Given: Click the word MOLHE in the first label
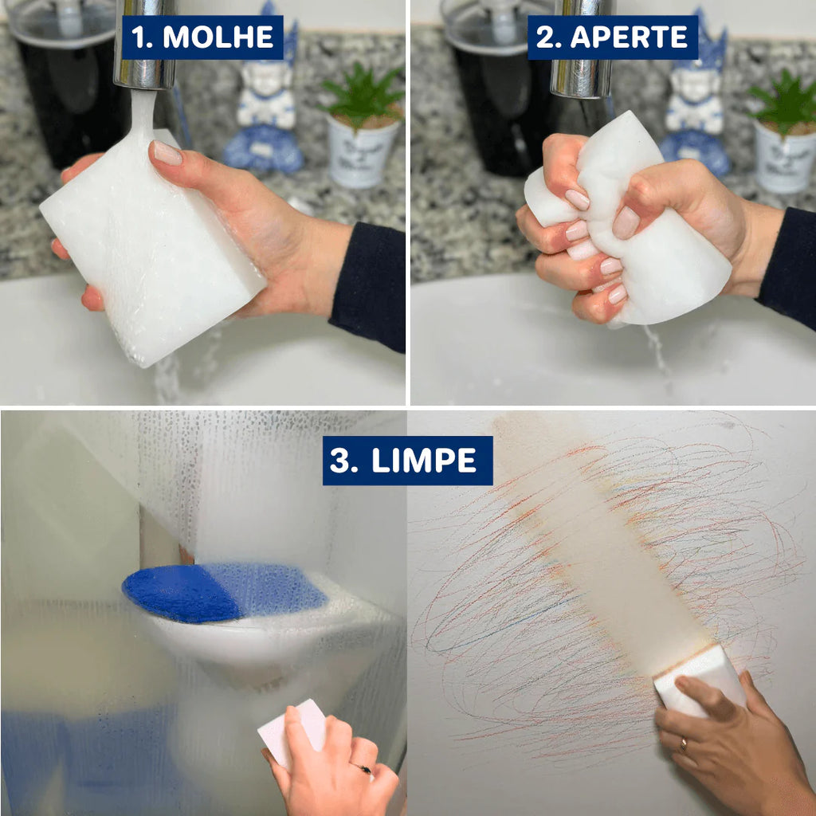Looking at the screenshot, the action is point(218,37).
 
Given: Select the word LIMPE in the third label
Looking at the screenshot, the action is point(424,461).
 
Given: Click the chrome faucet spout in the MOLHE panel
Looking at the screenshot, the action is point(145,45).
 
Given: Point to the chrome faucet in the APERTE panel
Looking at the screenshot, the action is point(582,49).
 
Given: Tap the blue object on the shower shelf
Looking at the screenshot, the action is point(224,592).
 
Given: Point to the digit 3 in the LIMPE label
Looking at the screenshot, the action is point(339,461).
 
